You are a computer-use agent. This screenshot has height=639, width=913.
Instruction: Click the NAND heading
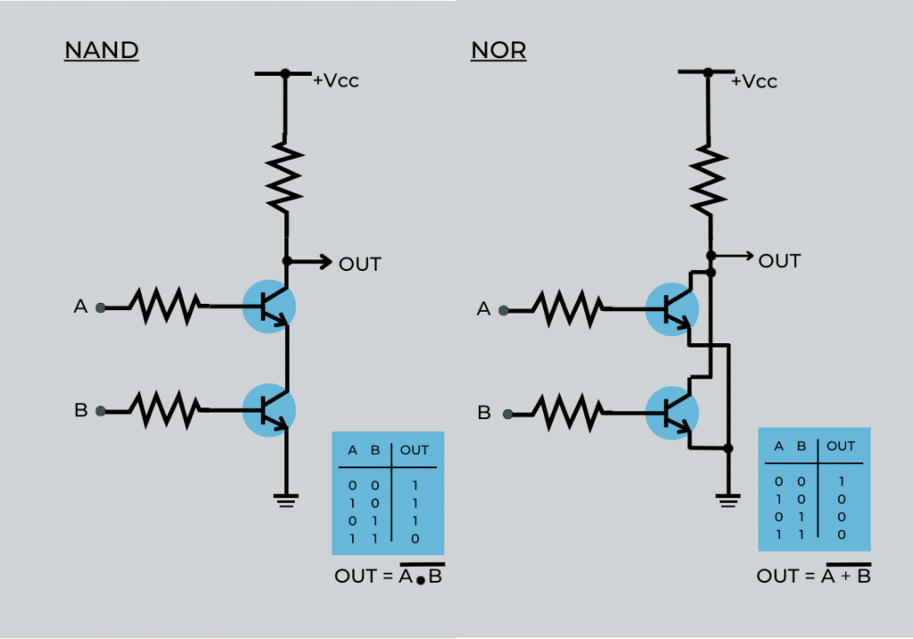coord(102,50)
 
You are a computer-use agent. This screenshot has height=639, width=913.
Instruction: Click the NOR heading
coord(498,50)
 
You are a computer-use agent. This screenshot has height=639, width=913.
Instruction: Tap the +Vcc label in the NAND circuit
coord(335,80)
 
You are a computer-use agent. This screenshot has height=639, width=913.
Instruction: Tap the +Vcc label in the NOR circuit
coord(754,81)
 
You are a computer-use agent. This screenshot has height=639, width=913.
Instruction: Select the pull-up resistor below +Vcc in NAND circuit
coord(286,175)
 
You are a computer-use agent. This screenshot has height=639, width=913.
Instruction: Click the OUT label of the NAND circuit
coord(359,264)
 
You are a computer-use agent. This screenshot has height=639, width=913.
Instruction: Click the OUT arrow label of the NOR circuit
coord(779,261)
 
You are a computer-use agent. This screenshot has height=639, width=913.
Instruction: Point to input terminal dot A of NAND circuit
coord(101,307)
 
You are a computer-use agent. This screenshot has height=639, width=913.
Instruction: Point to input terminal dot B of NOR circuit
coord(506,414)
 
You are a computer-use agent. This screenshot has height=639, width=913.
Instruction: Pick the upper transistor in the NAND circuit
coord(269,306)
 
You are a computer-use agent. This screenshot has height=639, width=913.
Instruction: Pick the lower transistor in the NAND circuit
coord(269,409)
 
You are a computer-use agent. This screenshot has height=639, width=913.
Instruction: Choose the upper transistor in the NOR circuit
coord(672,308)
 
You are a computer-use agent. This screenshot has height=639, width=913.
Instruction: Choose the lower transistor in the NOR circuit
coord(672,412)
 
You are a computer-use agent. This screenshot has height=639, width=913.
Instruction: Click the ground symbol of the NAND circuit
coord(286,501)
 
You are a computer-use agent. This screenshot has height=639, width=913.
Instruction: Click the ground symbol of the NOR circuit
coord(728,502)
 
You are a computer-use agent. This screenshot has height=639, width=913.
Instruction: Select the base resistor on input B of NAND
coord(164,410)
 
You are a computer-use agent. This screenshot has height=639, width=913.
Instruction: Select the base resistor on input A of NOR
coord(567,309)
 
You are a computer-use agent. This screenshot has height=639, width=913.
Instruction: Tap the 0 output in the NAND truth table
coord(415,538)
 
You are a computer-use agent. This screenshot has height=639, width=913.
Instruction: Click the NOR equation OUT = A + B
coord(814,576)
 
